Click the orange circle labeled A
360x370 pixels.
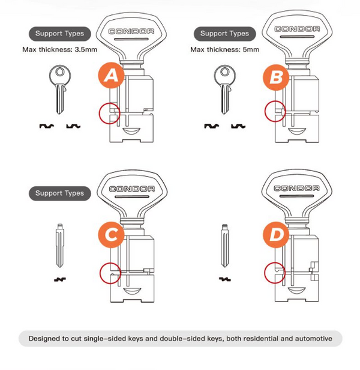click(x=111, y=76)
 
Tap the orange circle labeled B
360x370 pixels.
click(x=276, y=77)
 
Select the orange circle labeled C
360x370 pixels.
click(x=111, y=235)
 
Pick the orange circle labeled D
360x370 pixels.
click(x=276, y=235)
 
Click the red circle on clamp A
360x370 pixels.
click(x=100, y=114)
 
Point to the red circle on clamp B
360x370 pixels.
click(x=265, y=111)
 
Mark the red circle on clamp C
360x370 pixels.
click(x=100, y=273)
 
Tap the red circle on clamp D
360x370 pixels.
click(x=265, y=273)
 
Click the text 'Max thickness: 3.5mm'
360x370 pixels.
click(x=60, y=49)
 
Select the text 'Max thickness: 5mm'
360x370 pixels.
click(x=224, y=49)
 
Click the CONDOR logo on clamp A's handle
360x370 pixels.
click(x=131, y=31)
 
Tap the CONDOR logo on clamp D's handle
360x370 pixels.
click(x=296, y=188)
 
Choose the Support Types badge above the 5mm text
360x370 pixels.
click(x=224, y=34)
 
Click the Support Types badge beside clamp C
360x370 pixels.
click(x=60, y=193)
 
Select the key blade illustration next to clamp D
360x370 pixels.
click(x=224, y=246)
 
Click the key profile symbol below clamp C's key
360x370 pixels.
click(x=60, y=280)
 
